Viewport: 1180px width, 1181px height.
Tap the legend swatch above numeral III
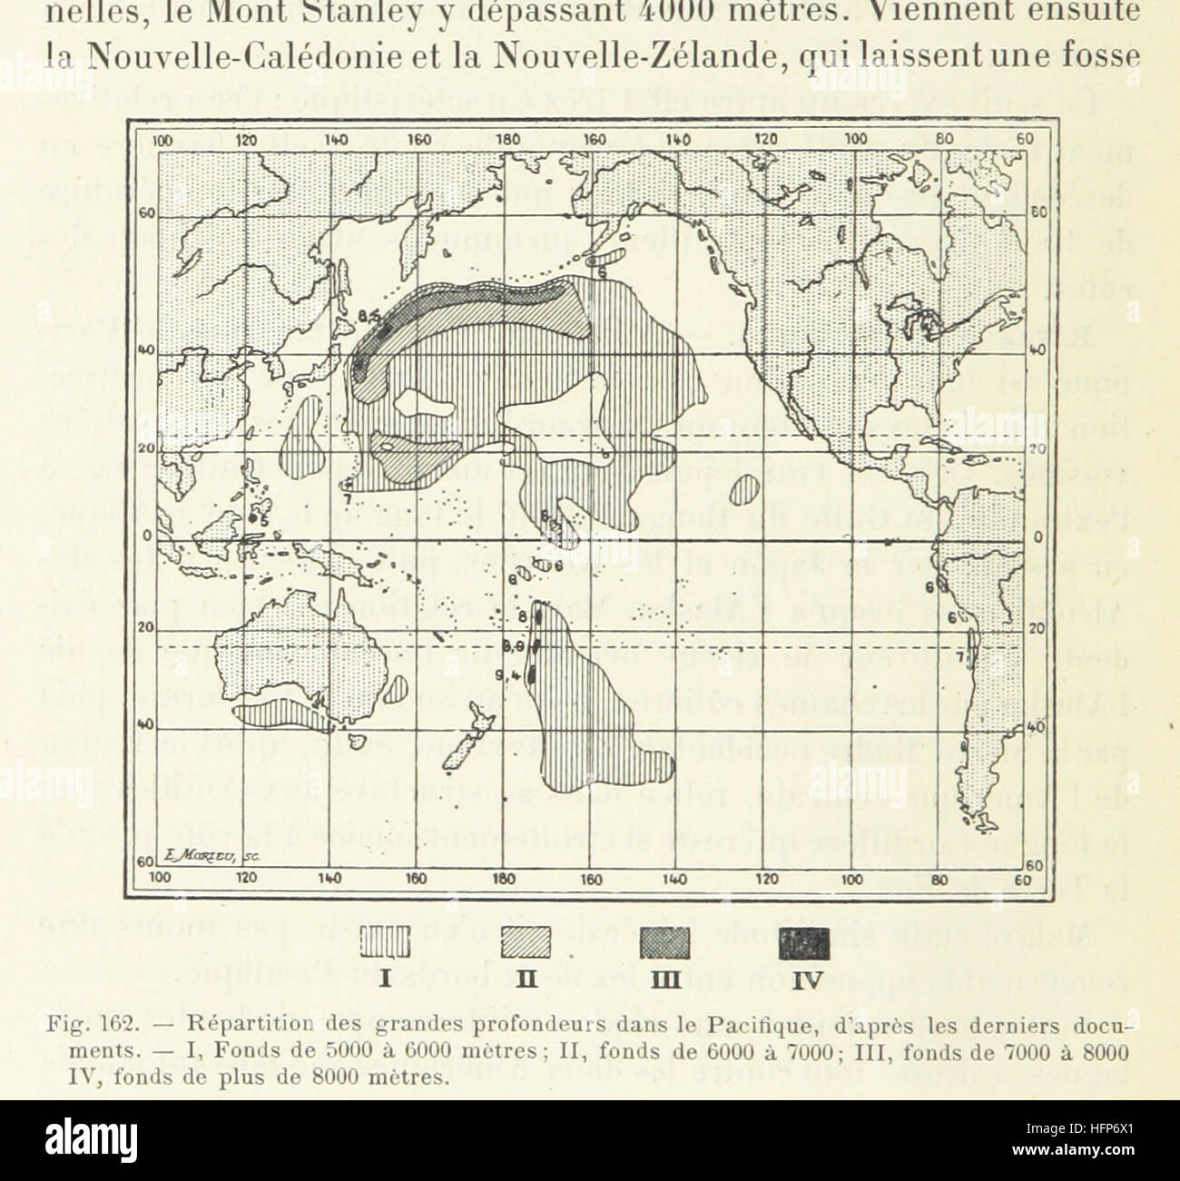coord(668,945)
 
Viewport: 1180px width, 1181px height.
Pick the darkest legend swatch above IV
coord(806,945)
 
